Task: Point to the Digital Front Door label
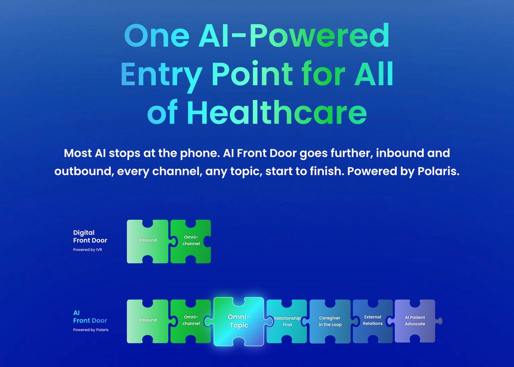pos(90,236)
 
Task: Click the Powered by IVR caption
pos(87,250)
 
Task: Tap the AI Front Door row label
pos(90,316)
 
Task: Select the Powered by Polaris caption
pos(91,330)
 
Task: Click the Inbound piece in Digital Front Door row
pos(148,241)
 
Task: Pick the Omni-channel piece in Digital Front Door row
pos(191,241)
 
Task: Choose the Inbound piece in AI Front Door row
pos(148,320)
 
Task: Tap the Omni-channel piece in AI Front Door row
pos(191,320)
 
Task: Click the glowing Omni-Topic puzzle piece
pos(239,321)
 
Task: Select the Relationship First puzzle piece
pos(287,321)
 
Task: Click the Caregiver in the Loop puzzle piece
pos(330,321)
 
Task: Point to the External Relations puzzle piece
pos(373,320)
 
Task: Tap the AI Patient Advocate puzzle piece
pos(415,320)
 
